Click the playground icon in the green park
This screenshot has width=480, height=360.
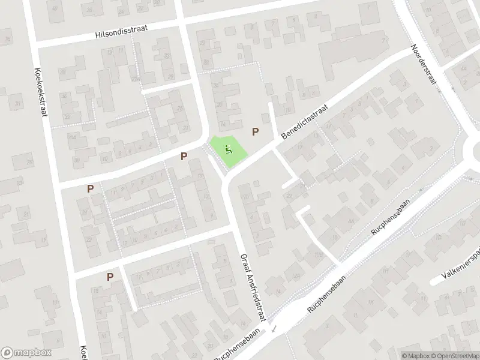point(228,149)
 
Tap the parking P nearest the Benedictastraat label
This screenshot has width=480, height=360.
point(256,131)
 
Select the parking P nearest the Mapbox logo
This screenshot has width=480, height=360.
point(110,277)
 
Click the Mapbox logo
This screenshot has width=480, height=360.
point(26,353)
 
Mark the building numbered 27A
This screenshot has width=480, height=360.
point(136,79)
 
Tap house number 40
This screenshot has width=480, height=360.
point(56,9)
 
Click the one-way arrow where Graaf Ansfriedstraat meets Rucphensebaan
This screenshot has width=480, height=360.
point(274,329)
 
